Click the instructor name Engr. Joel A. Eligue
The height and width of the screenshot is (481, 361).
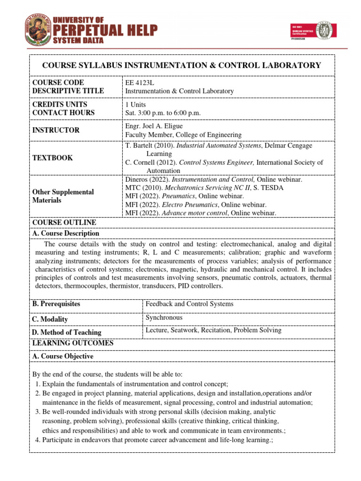pos(154,126)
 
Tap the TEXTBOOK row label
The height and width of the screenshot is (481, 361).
pos(52,158)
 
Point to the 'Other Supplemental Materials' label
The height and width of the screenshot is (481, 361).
pos(63,196)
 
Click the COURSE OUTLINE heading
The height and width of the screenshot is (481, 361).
pos(64,222)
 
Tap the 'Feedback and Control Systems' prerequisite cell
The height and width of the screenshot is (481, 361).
pos(189,304)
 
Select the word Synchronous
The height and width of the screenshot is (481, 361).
pos(164,318)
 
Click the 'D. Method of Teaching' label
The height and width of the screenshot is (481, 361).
pos(66,332)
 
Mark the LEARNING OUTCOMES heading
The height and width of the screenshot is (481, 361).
pos(72,343)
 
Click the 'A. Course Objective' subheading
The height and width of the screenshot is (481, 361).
pos(63,357)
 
